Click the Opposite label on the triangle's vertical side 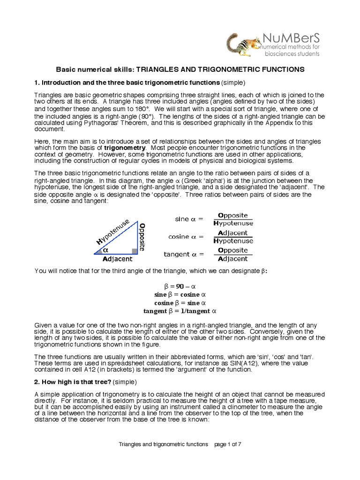tap(142, 236)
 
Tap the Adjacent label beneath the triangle tap(117, 259)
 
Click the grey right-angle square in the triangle tap(135, 251)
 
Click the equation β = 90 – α tap(180, 286)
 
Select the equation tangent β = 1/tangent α tap(180, 311)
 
